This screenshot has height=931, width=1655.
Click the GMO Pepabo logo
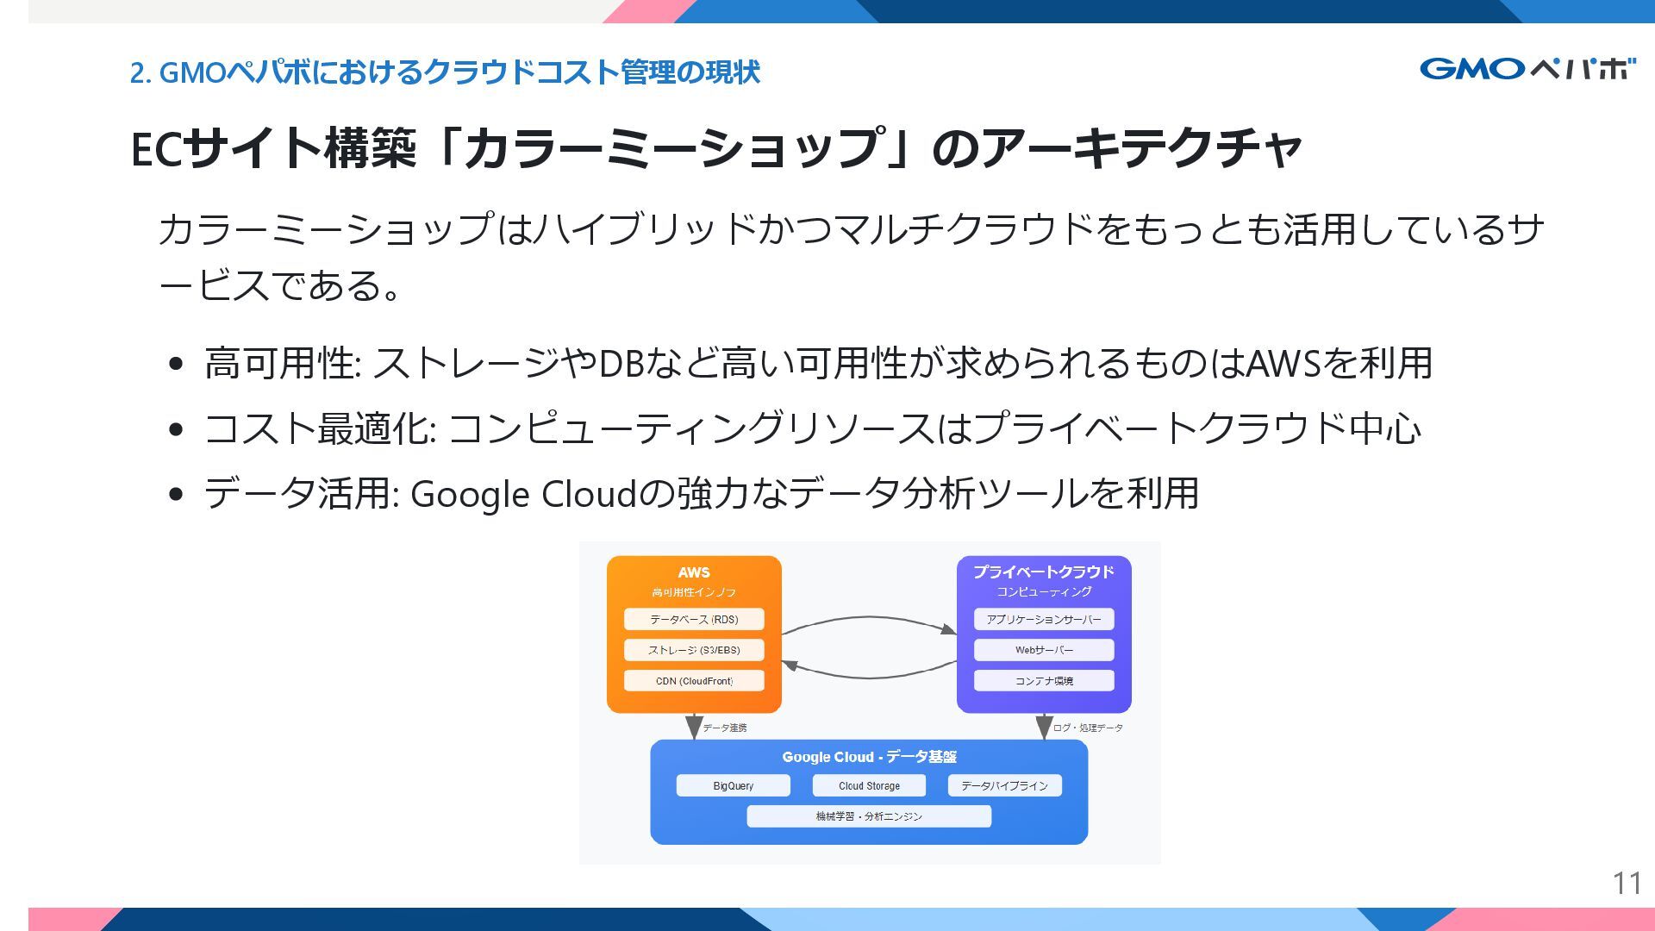tap(1527, 69)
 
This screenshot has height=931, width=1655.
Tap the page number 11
tap(1627, 883)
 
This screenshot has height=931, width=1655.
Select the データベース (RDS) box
tap(694, 619)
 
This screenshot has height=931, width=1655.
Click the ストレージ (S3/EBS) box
tap(694, 650)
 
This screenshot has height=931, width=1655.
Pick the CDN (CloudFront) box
tap(694, 681)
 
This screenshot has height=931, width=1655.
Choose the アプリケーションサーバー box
tap(1044, 619)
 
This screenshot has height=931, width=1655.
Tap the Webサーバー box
tap(1044, 650)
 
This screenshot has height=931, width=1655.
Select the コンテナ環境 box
tap(1044, 681)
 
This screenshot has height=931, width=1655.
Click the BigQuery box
tap(733, 785)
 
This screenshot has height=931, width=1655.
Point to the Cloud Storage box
tap(869, 785)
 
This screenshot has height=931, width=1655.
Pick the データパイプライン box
tap(1004, 785)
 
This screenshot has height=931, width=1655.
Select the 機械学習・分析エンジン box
tap(869, 816)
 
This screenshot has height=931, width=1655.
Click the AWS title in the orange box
tap(694, 572)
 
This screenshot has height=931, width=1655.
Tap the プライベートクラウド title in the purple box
tap(1044, 572)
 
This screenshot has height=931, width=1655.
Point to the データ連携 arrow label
tap(725, 728)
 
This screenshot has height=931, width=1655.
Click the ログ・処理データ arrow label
tap(1088, 728)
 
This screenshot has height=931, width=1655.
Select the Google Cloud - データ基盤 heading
tap(869, 757)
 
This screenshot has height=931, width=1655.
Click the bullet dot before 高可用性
tap(177, 364)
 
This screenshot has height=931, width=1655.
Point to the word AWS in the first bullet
tap(1283, 364)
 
